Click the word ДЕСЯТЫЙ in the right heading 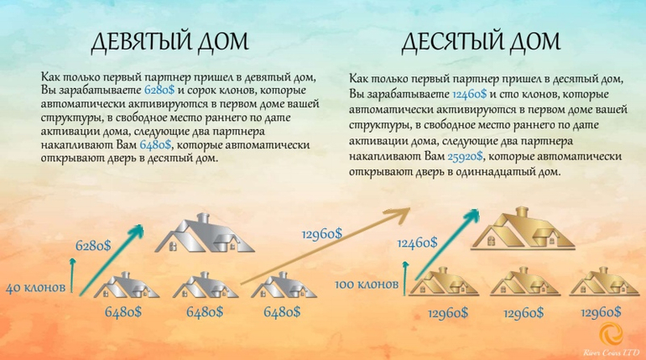(451, 42)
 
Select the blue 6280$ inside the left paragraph (159, 90)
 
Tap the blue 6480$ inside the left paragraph (155, 145)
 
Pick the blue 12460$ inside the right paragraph (469, 94)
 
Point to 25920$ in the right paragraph (465, 157)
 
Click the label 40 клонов (35, 287)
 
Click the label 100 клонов (367, 284)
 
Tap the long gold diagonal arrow (326, 247)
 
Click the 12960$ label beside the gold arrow (322, 234)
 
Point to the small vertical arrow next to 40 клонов (73, 275)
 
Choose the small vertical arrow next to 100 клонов (406, 278)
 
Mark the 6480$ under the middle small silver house (205, 311)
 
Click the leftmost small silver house (126, 285)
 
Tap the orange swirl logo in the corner (612, 334)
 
